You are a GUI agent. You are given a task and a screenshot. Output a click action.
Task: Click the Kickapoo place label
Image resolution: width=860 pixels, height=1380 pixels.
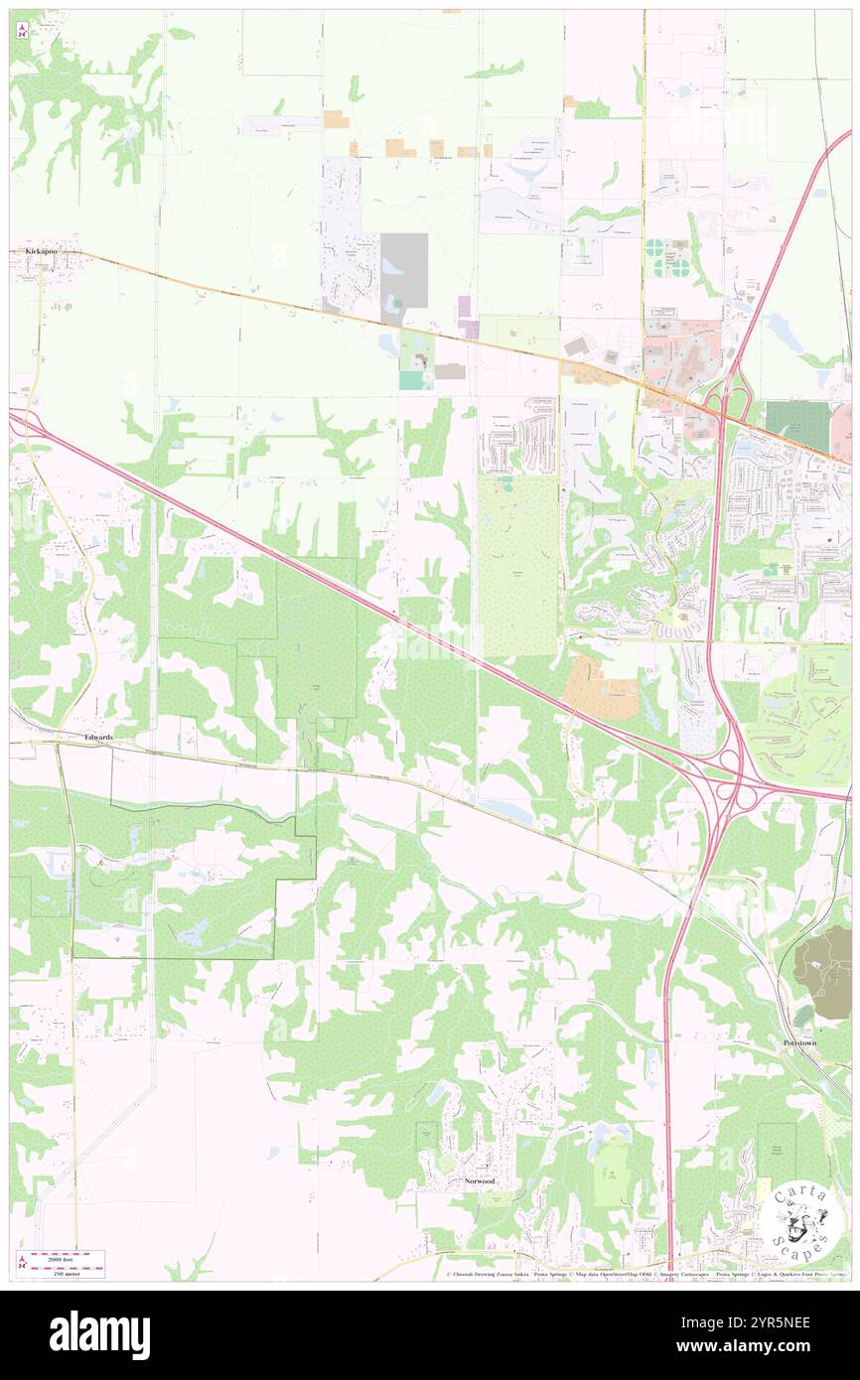[42, 252]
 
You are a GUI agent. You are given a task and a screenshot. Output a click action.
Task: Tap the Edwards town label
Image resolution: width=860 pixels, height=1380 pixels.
[98, 738]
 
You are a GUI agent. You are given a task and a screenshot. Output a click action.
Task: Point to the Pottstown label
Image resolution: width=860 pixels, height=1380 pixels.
[801, 1044]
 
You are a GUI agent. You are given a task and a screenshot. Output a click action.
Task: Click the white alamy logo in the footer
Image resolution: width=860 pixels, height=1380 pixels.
[99, 1334]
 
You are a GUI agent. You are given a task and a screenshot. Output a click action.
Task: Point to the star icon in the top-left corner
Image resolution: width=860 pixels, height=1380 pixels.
[23, 30]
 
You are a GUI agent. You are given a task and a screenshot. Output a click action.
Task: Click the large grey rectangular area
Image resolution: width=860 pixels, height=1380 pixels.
[403, 270]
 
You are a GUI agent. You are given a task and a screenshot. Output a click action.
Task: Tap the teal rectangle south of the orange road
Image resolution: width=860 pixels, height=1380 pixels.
[409, 379]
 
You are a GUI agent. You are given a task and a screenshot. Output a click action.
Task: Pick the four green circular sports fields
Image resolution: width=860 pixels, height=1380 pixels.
[666, 256]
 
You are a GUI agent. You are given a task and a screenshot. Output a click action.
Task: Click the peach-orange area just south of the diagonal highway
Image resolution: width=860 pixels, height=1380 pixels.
[600, 689]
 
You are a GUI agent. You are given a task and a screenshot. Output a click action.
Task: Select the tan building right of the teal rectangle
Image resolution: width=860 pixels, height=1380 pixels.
[449, 370]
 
